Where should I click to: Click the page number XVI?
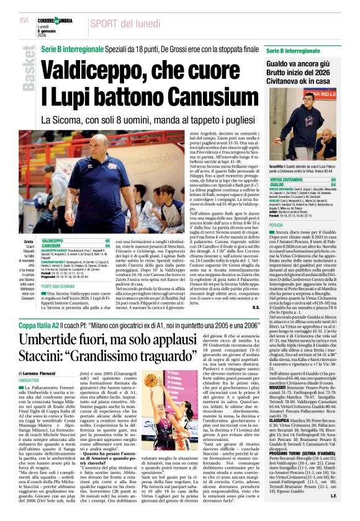click(24, 20)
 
